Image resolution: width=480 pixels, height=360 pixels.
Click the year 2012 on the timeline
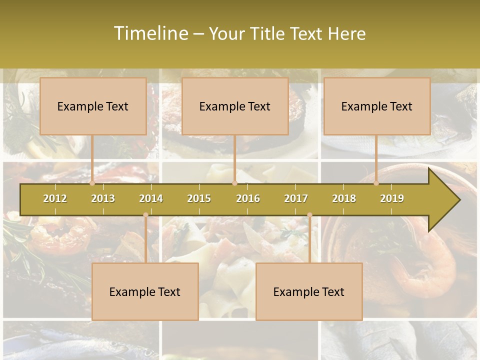55,198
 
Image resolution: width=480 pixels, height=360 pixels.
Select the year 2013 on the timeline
103,198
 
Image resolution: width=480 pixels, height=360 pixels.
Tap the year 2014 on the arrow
151,198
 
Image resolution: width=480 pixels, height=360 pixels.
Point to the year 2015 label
199,198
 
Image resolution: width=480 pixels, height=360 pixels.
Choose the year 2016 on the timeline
248,198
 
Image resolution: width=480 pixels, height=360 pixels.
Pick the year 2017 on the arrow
296,198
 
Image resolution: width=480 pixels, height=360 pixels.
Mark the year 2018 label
344,198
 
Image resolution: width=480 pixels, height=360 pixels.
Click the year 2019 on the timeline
392,198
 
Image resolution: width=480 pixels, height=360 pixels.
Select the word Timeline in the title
150,33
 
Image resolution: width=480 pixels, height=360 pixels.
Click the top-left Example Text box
93,106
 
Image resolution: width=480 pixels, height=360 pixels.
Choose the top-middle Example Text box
235,106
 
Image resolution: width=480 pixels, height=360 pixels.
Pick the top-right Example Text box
377,106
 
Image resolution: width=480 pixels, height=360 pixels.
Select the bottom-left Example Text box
145,291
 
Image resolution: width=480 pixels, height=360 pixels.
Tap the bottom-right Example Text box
309,291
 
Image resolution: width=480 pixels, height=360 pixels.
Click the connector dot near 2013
92,183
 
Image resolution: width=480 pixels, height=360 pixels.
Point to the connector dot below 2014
145,215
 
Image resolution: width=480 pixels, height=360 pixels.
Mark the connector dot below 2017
309,215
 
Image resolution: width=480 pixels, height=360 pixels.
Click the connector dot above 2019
376,183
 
